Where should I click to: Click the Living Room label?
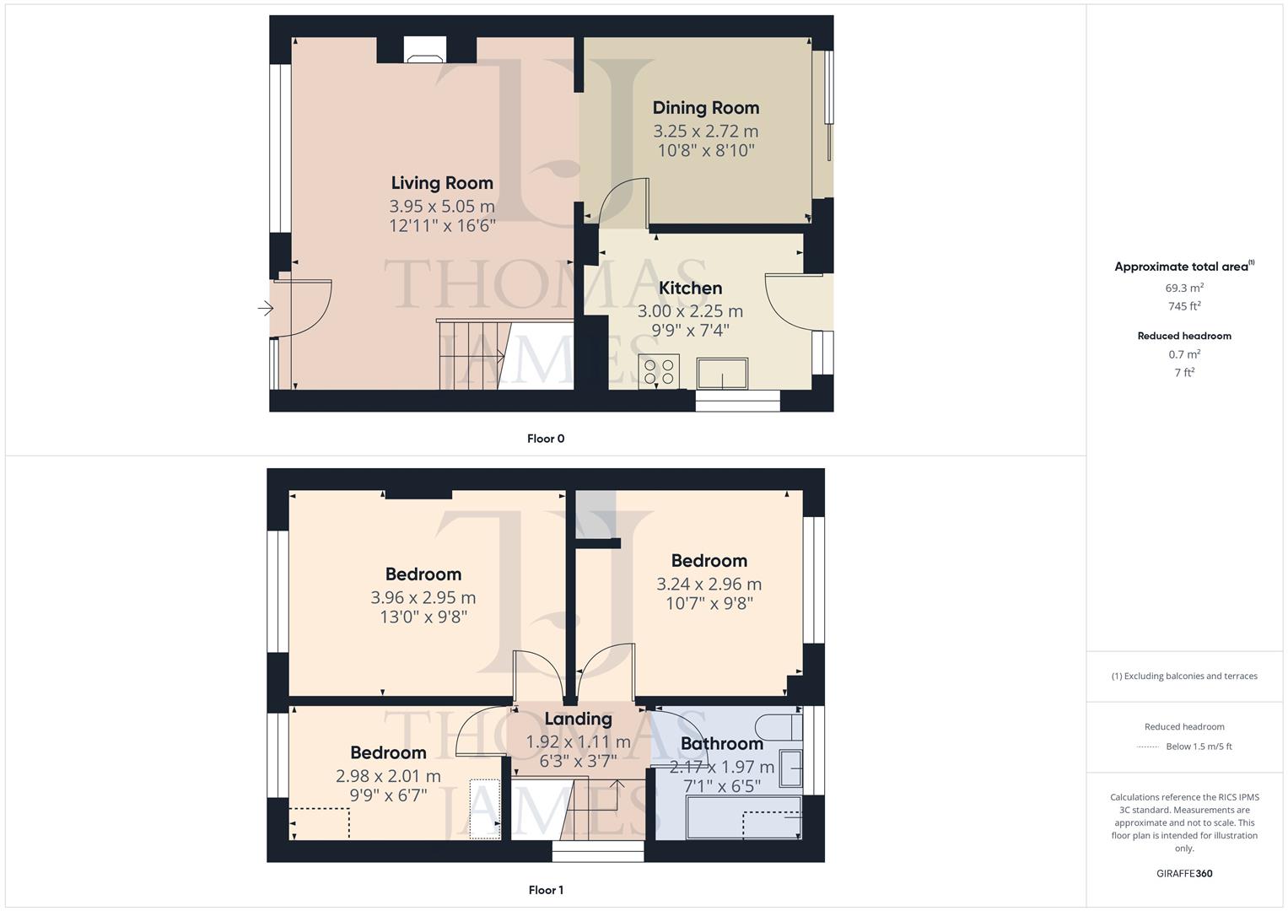coord(442,183)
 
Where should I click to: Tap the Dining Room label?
coord(706,108)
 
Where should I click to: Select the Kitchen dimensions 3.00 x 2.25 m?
coord(690,311)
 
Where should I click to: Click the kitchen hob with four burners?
coord(659,372)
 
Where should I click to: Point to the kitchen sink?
coord(722,373)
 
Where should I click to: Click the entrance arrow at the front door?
coord(266,309)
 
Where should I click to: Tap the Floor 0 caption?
coord(546,439)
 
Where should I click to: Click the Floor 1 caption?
coord(546,890)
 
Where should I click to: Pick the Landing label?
coord(578,719)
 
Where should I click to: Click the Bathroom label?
coord(722,743)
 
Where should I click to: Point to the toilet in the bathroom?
coord(778,725)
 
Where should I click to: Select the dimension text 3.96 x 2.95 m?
coord(423,598)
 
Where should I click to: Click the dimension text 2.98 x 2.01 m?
coord(388,776)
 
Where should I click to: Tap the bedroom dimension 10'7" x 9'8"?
coord(709,604)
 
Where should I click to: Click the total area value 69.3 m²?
coord(1184,288)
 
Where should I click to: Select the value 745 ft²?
coord(1184,307)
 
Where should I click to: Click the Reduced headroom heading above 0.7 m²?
coord(1184,336)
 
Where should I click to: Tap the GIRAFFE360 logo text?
coord(1184,874)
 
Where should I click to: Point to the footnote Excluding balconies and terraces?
coord(1184,677)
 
